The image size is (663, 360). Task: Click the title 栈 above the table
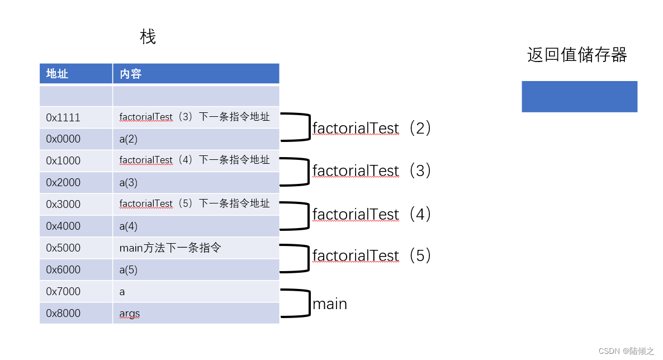pos(148,37)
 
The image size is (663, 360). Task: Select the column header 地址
pos(57,74)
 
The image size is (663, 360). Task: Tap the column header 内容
pos(130,74)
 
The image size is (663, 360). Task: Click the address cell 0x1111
pos(63,117)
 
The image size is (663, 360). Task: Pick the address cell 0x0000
pos(63,139)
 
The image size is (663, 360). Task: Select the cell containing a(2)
pos(128,139)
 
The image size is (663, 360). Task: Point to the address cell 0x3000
pos(63,204)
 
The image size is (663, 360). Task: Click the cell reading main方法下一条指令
pos(170,248)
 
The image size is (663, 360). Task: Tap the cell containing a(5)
pos(128,269)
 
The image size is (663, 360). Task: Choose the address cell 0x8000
pos(63,313)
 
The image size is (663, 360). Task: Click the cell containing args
pos(129,313)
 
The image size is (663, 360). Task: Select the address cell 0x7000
pos(63,291)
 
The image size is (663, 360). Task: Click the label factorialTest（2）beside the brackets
pos(372,128)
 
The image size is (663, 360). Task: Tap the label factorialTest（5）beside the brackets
pos(372,255)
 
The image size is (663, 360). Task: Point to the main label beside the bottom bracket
pos(330,304)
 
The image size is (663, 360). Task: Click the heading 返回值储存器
pos(577,55)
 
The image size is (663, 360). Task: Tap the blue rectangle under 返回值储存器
pos(579,96)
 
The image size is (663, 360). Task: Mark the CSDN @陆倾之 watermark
pos(626,351)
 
